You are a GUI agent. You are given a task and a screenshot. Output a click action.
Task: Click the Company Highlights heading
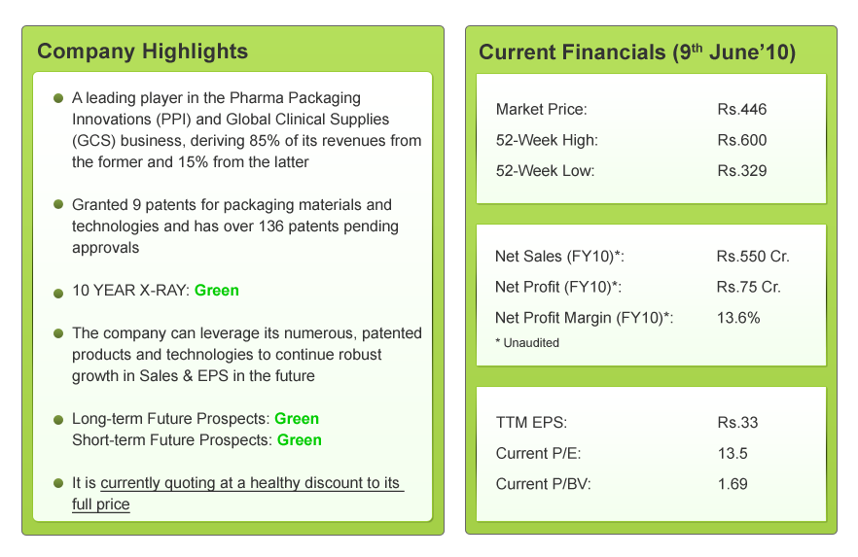tap(142, 52)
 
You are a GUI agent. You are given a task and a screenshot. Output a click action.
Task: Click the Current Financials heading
tap(637, 52)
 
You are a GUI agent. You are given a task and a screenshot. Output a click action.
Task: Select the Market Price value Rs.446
tap(742, 110)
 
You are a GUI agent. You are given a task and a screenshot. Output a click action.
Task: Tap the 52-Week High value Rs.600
tap(742, 140)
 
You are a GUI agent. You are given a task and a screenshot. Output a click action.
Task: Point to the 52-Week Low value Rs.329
tap(742, 170)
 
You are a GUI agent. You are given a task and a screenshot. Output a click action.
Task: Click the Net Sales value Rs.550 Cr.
tap(753, 258)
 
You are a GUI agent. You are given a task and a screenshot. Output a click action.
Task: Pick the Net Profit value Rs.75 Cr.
tap(748, 287)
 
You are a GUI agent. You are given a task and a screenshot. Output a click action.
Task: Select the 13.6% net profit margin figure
tap(738, 318)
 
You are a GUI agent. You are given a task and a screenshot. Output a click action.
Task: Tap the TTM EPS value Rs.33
tap(737, 423)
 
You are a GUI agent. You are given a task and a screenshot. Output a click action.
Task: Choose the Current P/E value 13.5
tap(733, 453)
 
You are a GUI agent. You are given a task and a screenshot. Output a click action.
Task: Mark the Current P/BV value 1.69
tap(733, 483)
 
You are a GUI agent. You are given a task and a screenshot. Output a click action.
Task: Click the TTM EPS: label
tap(531, 423)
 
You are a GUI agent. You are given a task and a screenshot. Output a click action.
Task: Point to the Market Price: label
tap(541, 110)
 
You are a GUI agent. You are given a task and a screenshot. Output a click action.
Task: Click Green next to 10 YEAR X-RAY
tap(217, 290)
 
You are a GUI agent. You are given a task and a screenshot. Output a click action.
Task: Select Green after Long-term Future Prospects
tap(297, 419)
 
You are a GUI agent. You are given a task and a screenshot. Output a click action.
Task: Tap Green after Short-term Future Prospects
tap(300, 439)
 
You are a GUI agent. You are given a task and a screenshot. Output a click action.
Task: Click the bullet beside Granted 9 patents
tap(58, 205)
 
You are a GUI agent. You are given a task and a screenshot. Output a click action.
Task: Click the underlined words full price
tap(101, 505)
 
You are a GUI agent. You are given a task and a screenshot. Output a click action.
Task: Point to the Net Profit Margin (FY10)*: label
tap(585, 318)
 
